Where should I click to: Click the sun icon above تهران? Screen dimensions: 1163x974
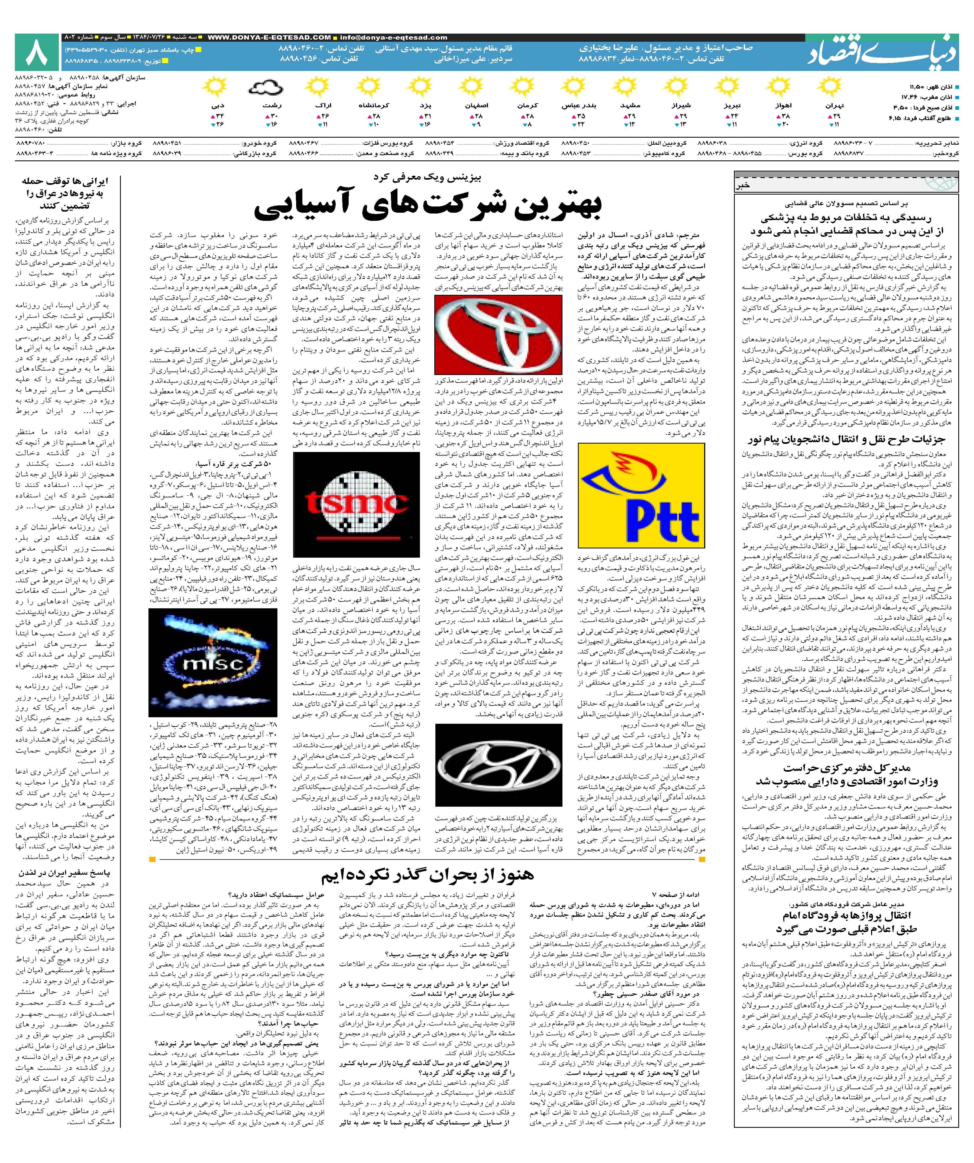click(829, 88)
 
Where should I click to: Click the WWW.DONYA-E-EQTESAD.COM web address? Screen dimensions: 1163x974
click(269, 38)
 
